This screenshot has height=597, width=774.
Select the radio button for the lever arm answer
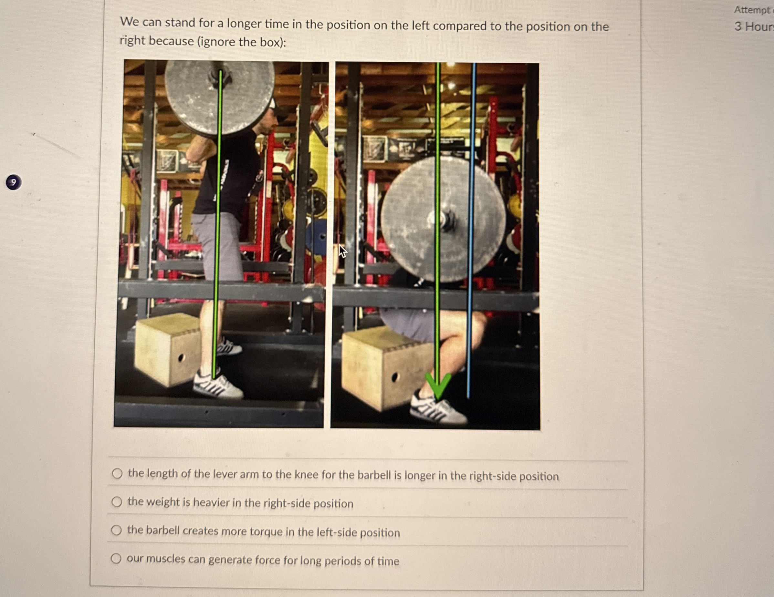117,473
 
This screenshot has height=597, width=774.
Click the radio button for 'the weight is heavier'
117,502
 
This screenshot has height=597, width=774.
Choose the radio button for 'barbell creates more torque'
116,530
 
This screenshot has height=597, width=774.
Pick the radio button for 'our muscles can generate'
116,559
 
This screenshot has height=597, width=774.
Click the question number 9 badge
14,182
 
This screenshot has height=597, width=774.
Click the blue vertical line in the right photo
472,230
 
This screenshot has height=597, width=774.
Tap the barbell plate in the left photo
220,98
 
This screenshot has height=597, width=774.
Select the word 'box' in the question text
270,42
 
